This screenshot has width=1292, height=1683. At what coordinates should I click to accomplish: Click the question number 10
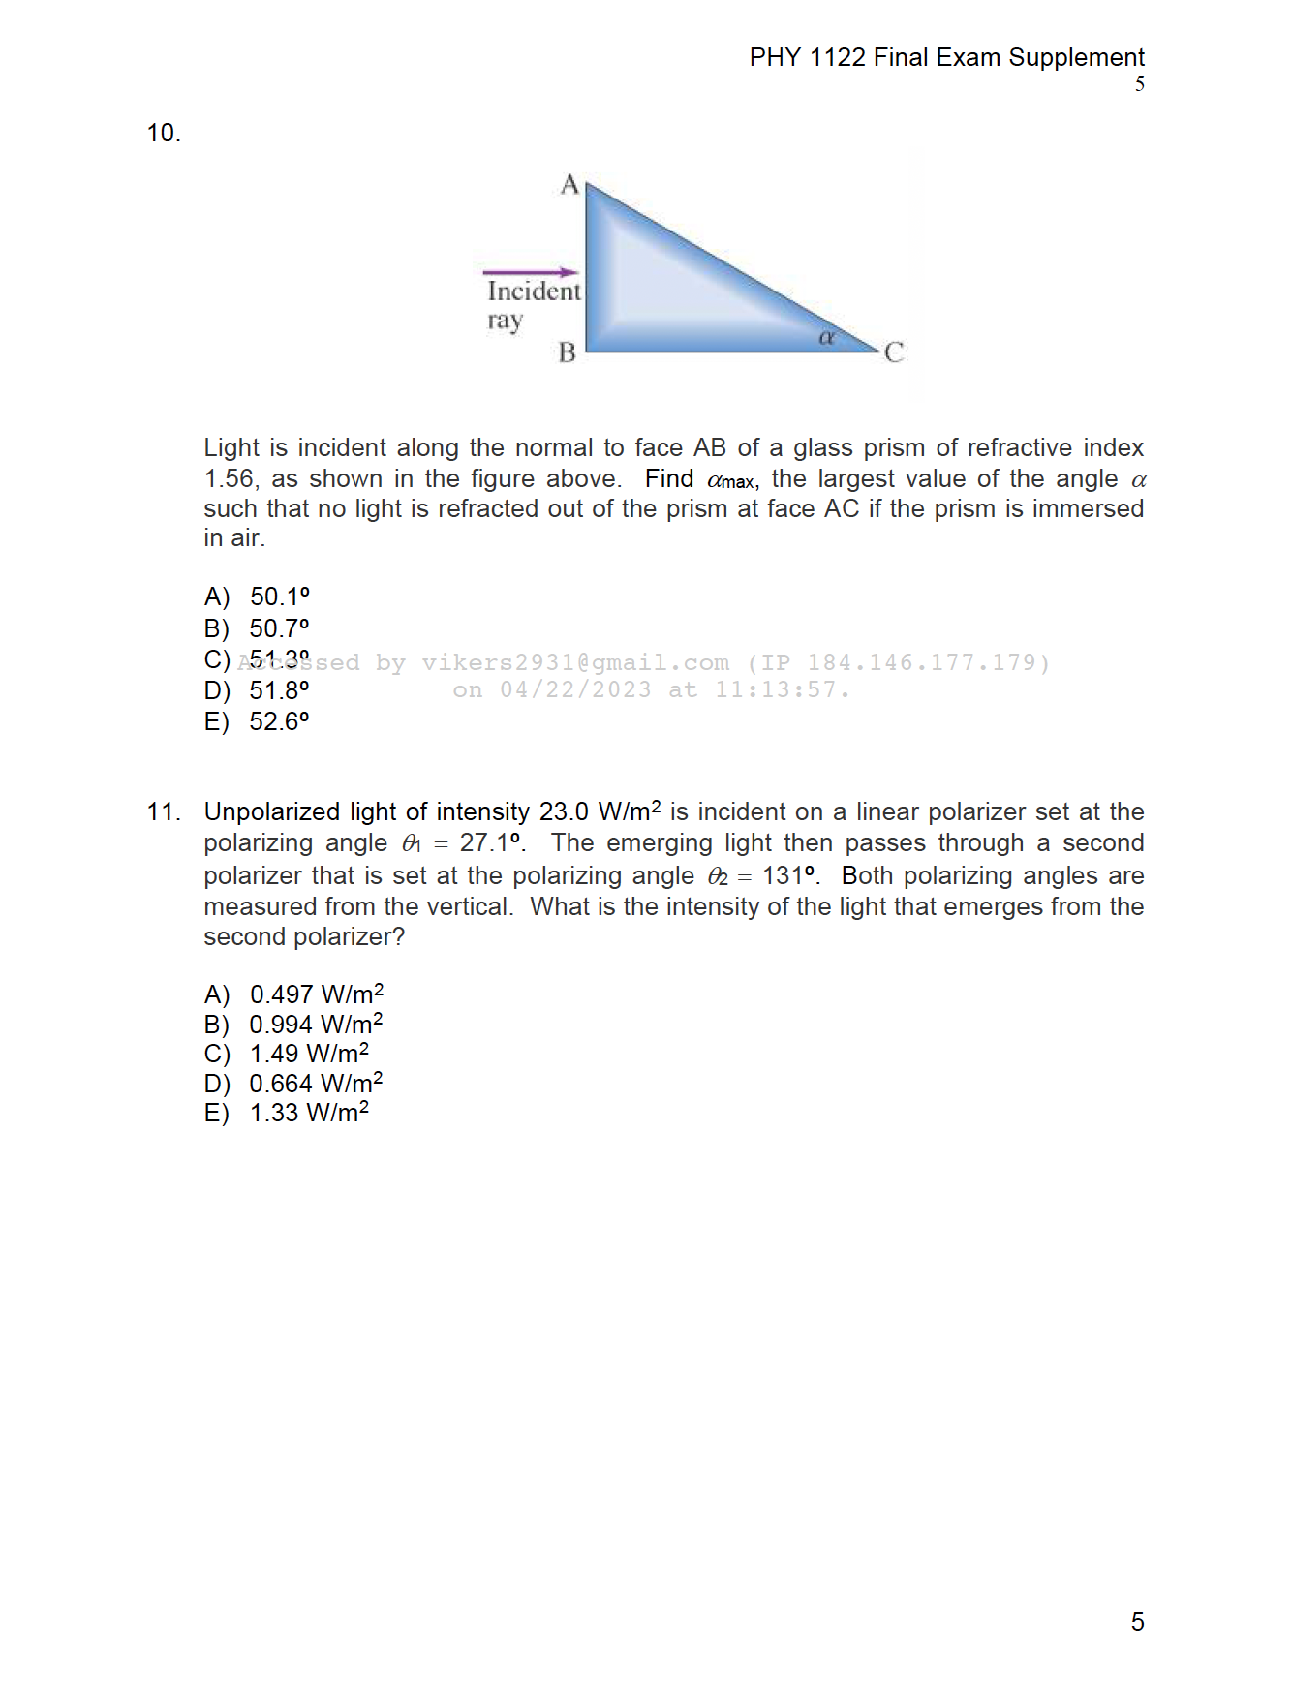point(163,133)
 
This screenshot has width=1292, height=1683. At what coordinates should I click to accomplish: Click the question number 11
point(163,811)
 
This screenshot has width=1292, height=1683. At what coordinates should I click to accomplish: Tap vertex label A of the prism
point(569,184)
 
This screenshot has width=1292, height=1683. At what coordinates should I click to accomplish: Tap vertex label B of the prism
point(567,352)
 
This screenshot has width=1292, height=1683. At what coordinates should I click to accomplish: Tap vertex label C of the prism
point(893,352)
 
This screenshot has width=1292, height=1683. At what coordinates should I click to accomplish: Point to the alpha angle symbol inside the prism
point(826,337)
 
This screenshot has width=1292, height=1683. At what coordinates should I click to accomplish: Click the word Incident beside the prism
point(534,291)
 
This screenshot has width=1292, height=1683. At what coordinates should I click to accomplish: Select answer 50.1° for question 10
point(279,597)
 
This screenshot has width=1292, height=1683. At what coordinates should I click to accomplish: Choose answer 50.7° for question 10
point(279,628)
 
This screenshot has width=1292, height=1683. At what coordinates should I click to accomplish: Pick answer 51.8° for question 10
point(279,690)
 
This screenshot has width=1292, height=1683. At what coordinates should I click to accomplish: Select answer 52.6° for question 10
point(279,721)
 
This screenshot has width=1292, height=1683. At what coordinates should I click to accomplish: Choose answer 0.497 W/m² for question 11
point(316,994)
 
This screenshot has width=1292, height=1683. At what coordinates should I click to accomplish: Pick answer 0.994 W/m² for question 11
point(316,1025)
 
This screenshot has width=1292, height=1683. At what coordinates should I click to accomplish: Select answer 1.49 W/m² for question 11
point(309,1054)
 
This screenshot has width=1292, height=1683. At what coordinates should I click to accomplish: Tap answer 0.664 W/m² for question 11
point(316,1084)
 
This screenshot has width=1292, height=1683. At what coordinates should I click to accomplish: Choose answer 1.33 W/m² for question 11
point(309,1113)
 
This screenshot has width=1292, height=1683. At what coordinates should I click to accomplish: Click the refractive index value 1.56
point(229,479)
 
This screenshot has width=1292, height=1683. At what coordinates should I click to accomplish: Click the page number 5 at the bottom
point(1137,1621)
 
